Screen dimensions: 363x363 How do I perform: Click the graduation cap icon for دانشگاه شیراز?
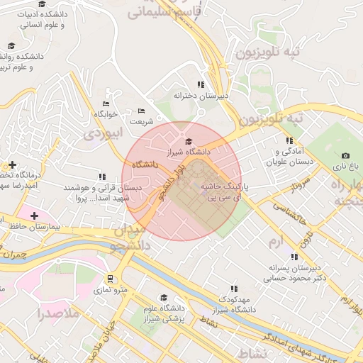pyautogui.click(x=188, y=142)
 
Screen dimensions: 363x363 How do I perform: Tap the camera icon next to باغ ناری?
pyautogui.click(x=345, y=155)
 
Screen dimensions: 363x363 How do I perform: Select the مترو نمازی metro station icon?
pyautogui.click(x=110, y=279)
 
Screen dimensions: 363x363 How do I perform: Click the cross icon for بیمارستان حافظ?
pyautogui.click(x=34, y=215)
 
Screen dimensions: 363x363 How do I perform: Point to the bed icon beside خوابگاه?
pyautogui.click(x=106, y=104)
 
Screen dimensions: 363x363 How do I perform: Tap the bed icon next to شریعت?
pyautogui.click(x=141, y=111)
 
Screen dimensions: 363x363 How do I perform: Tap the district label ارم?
pyautogui.click(x=276, y=242)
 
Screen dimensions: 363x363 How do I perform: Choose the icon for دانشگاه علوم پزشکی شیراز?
pyautogui.click(x=164, y=297)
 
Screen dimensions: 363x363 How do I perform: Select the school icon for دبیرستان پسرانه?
pyautogui.click(x=290, y=258)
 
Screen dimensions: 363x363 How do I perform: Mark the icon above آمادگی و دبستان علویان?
pyautogui.click(x=289, y=140)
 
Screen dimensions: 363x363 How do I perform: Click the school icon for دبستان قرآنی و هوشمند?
pyautogui.click(x=102, y=177)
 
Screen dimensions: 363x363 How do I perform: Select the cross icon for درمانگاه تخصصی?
pyautogui.click(x=12, y=164)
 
